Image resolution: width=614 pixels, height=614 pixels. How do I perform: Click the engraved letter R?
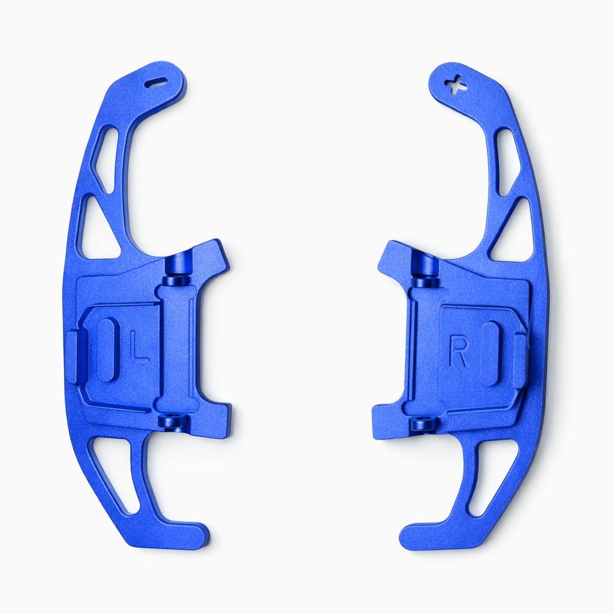pyautogui.click(x=459, y=352)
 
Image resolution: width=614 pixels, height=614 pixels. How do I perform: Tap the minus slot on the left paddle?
pyautogui.click(x=156, y=82)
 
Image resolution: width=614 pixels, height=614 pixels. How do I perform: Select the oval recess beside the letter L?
pyautogui.click(x=109, y=350)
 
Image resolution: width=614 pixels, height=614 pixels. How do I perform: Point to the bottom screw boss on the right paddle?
pyautogui.click(x=424, y=424)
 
